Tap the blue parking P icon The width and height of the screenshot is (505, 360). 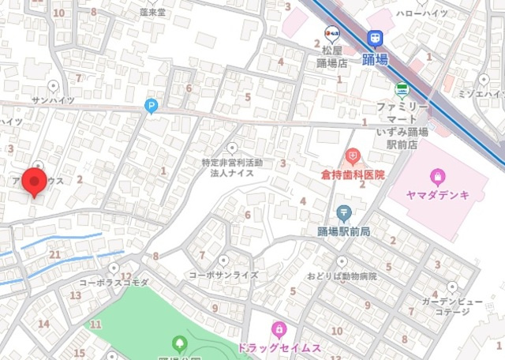click(x=151, y=104)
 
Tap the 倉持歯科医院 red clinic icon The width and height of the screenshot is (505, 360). click(x=353, y=156)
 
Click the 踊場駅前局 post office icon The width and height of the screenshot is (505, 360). click(x=344, y=212)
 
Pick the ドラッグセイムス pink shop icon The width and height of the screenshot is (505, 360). click(x=278, y=328)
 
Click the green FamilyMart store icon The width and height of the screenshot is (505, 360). click(x=402, y=88)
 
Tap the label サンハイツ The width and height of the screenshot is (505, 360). click(x=53, y=101)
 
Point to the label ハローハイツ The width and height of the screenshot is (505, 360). click(x=421, y=13)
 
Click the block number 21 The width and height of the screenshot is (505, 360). click(x=54, y=253)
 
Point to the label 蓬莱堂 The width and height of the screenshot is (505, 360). click(x=152, y=13)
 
